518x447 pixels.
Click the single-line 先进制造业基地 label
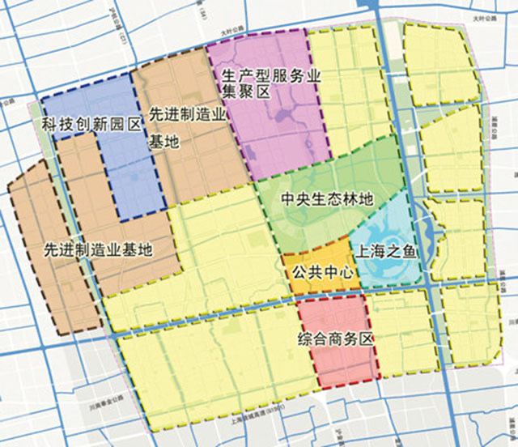tap(98, 248)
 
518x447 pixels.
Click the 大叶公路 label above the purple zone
tap(234, 32)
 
